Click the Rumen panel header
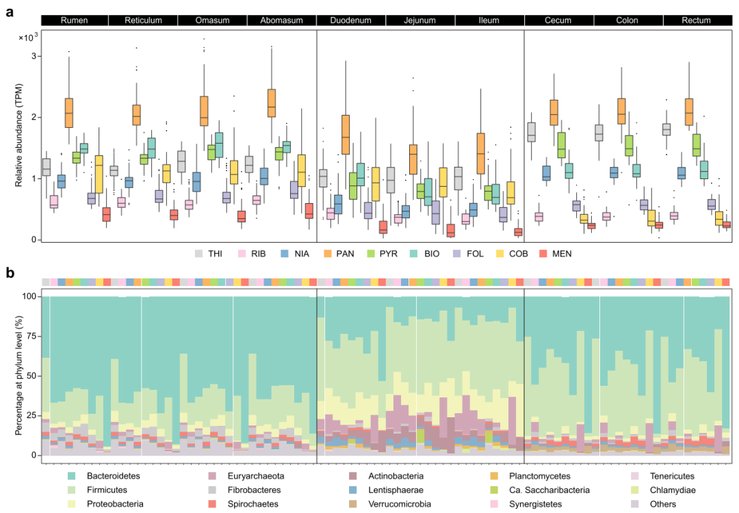(74, 21)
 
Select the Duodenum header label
(351, 21)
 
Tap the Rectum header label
(696, 21)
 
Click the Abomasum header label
(281, 21)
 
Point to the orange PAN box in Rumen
(69, 111)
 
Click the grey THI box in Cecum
(531, 132)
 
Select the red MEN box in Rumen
(106, 214)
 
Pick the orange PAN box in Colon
(621, 111)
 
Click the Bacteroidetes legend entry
(99, 476)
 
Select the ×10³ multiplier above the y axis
(28, 36)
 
